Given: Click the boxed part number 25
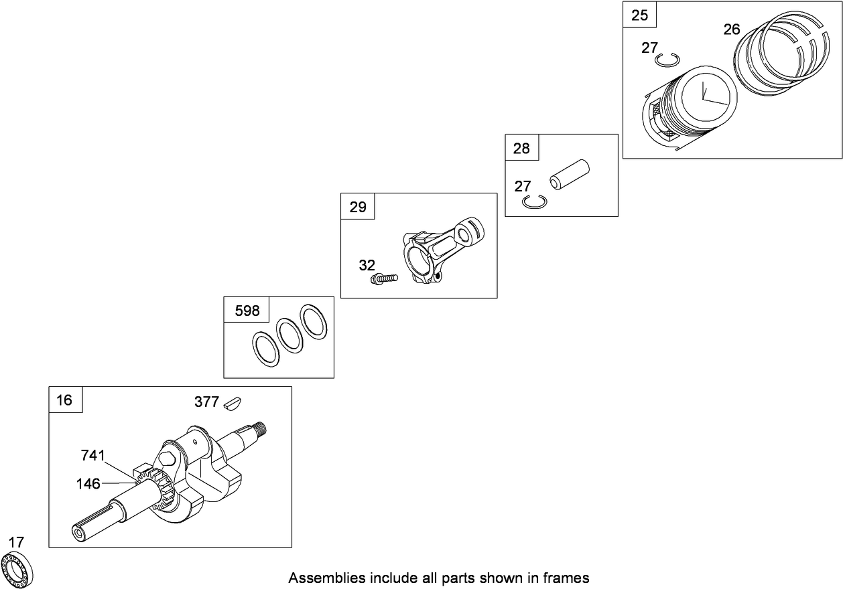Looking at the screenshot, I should coord(640,15).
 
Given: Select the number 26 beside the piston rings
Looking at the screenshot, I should coord(732,29).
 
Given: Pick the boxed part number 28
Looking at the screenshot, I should coord(521,148).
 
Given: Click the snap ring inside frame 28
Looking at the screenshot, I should coord(535,202).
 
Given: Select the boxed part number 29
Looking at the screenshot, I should coord(358,207).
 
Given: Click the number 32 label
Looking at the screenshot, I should coord(367,265).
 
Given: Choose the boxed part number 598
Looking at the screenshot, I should coord(246,311).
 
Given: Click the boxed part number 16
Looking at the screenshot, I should coord(64,400).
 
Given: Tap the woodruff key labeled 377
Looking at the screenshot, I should coord(235,402).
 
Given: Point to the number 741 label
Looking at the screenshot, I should coord(92,456).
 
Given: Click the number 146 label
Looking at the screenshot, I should coord(88,482).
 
